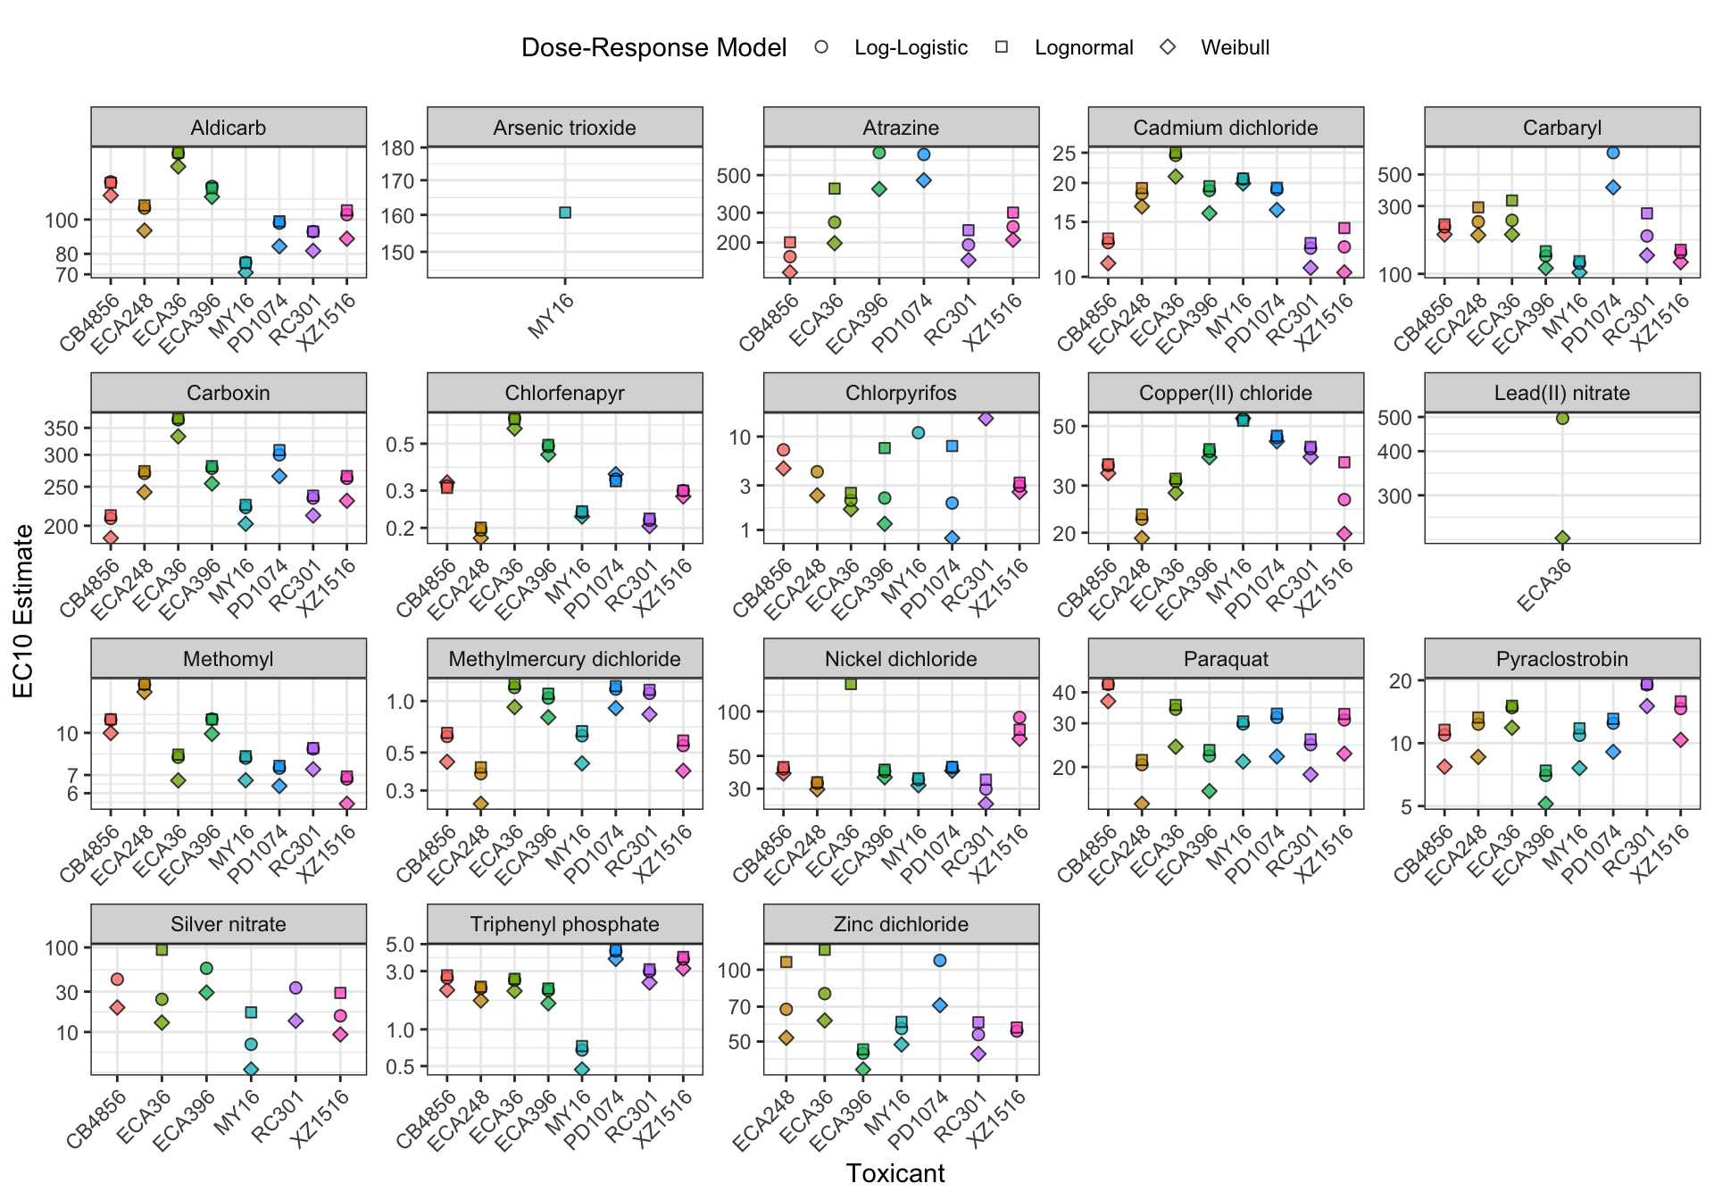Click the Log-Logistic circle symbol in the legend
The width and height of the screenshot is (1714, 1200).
pyautogui.click(x=821, y=47)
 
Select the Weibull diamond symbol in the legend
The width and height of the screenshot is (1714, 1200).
pyautogui.click(x=1168, y=47)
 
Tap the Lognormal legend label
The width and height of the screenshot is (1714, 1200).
pyautogui.click(x=1084, y=47)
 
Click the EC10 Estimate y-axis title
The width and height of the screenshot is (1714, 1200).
pyautogui.click(x=24, y=611)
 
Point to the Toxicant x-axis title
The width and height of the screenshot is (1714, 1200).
pyautogui.click(x=894, y=1173)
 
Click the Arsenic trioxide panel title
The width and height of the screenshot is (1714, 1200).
pyautogui.click(x=564, y=128)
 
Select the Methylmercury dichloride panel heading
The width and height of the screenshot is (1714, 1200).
pyautogui.click(x=564, y=659)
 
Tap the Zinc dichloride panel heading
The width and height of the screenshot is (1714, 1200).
pyautogui.click(x=901, y=924)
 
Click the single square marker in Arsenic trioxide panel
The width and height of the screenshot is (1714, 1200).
pyautogui.click(x=565, y=212)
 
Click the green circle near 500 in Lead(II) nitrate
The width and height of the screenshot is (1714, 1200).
pyautogui.click(x=1562, y=418)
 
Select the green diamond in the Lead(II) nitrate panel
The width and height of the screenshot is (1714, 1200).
pyautogui.click(x=1562, y=538)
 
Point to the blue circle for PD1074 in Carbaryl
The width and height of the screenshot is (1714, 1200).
pyautogui.click(x=1613, y=153)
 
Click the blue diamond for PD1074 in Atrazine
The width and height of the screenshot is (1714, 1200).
pyautogui.click(x=924, y=180)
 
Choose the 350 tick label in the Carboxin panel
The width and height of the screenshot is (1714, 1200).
pyautogui.click(x=62, y=429)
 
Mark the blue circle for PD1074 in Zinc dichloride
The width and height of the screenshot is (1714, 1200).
pyautogui.click(x=939, y=961)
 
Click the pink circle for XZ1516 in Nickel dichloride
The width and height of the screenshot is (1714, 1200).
pyautogui.click(x=1019, y=718)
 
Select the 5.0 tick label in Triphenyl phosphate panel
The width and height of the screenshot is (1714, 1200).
pyautogui.click(x=402, y=945)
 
